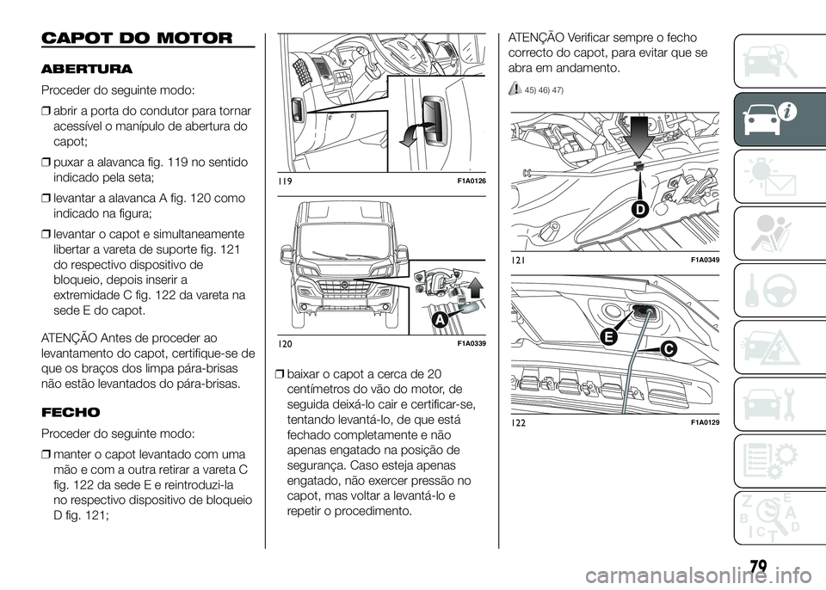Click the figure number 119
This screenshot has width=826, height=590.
tap(285, 181)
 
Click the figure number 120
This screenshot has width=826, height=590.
tap(286, 344)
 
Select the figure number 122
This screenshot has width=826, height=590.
tap(519, 421)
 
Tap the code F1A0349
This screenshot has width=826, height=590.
tap(705, 259)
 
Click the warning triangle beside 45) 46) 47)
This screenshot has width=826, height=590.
tap(515, 89)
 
